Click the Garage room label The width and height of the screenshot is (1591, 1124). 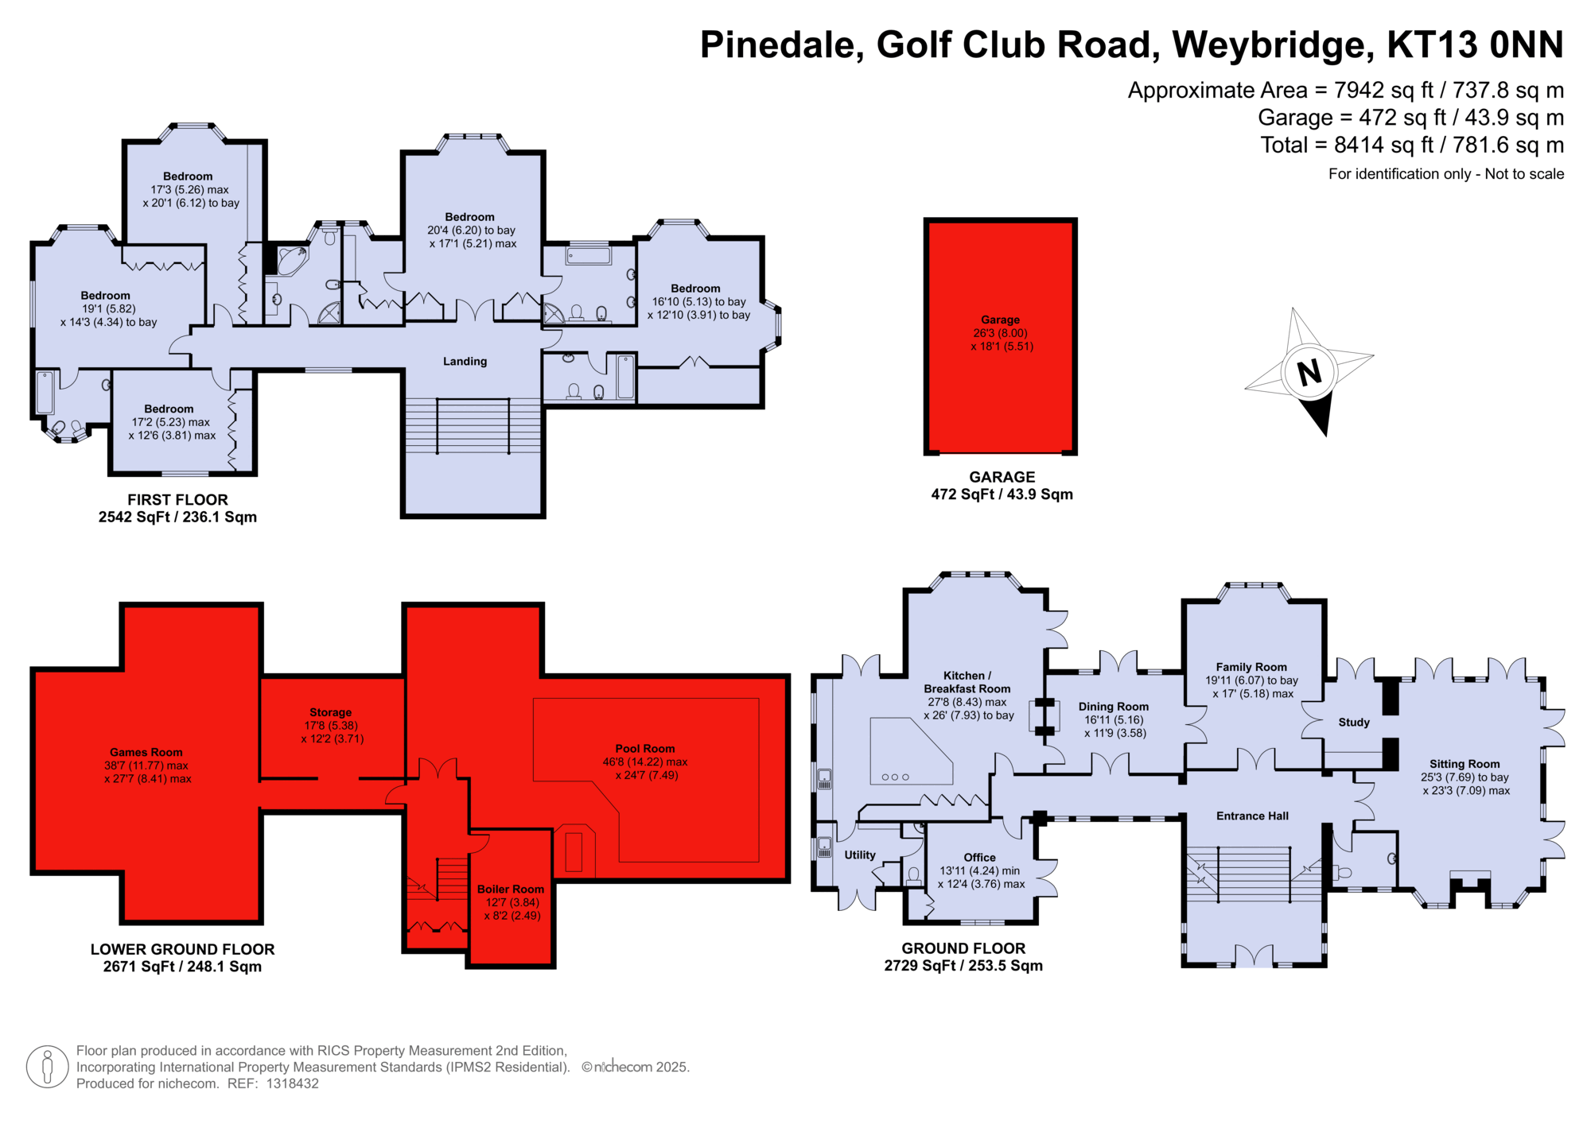1000,320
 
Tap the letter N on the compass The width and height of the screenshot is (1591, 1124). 1309,372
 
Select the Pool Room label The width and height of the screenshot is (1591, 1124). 644,749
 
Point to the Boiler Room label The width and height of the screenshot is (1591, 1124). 511,890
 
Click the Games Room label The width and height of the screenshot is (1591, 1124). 146,752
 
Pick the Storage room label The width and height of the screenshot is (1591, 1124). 330,713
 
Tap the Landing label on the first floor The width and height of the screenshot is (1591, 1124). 465,362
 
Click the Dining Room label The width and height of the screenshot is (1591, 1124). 1114,707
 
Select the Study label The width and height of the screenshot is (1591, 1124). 1354,723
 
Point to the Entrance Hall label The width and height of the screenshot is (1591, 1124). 1252,816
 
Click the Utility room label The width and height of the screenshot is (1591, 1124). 860,855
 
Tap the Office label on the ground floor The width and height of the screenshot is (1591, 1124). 979,858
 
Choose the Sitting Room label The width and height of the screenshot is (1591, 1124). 1465,764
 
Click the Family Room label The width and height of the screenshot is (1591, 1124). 1251,668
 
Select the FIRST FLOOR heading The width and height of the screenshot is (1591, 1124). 177,500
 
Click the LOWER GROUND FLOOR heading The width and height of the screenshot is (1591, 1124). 182,949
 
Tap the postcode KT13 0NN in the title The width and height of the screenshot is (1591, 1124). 1475,45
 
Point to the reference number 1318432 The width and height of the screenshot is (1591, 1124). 292,1083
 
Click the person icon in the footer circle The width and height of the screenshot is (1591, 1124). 47,1067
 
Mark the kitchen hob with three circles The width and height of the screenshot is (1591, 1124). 896,777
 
